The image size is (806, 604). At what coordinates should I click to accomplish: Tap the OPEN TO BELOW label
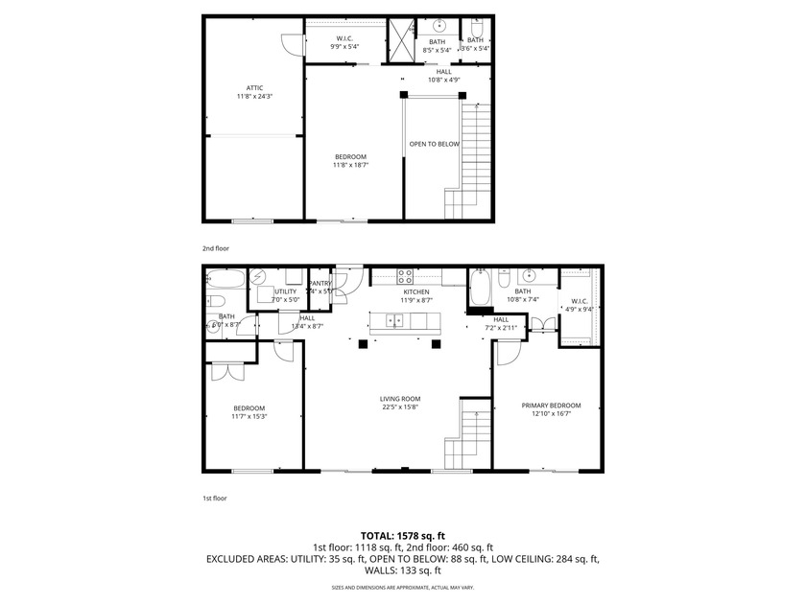(x=434, y=144)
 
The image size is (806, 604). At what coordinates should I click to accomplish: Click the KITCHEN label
(x=415, y=291)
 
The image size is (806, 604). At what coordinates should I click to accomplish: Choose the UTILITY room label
(x=285, y=291)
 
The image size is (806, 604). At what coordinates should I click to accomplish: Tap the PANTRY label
(x=320, y=283)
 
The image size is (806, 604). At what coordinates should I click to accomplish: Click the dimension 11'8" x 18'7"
(x=350, y=165)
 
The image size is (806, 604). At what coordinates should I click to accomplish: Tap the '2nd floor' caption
(x=215, y=247)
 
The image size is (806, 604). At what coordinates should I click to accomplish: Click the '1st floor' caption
(x=215, y=498)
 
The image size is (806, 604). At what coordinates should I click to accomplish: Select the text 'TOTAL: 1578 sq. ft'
(x=403, y=535)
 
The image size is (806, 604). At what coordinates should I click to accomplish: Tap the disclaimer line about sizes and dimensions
(x=403, y=586)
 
